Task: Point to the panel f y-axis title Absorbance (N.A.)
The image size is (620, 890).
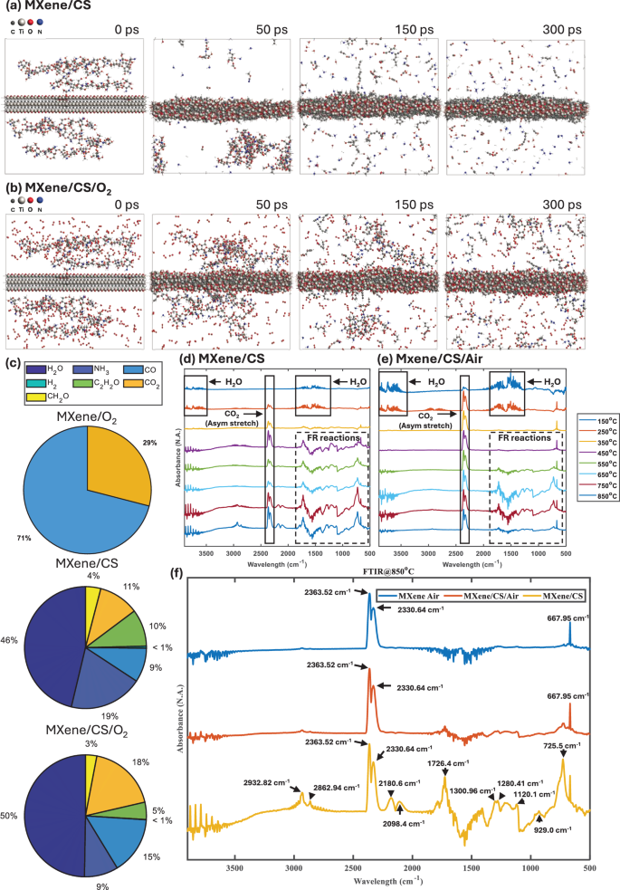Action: coord(182,715)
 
